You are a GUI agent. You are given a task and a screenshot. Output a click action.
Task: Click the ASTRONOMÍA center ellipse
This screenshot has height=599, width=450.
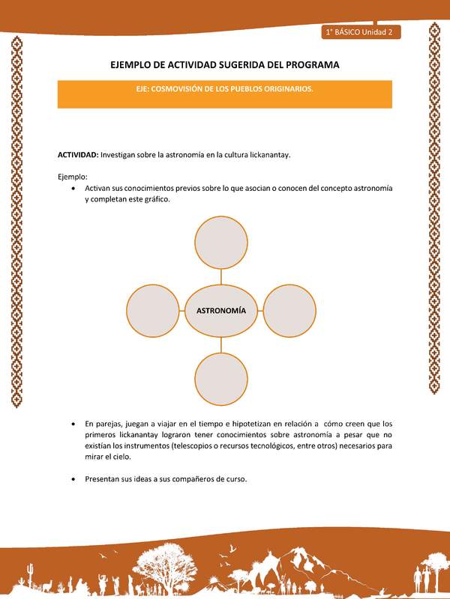click(x=221, y=310)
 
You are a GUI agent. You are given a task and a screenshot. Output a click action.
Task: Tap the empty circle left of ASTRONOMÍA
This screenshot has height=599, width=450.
click(x=153, y=310)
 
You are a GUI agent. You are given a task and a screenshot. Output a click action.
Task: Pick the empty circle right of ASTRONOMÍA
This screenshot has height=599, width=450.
click(x=290, y=310)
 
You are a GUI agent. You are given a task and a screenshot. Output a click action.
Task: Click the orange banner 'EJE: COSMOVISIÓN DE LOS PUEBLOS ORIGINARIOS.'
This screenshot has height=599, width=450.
click(x=225, y=88)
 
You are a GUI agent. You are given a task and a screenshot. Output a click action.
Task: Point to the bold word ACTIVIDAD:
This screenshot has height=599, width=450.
click(x=78, y=154)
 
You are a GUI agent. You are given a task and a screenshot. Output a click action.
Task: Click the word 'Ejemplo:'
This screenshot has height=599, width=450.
click(x=73, y=177)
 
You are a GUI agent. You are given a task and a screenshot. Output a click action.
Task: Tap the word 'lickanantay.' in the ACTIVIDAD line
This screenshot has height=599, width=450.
click(x=267, y=154)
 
